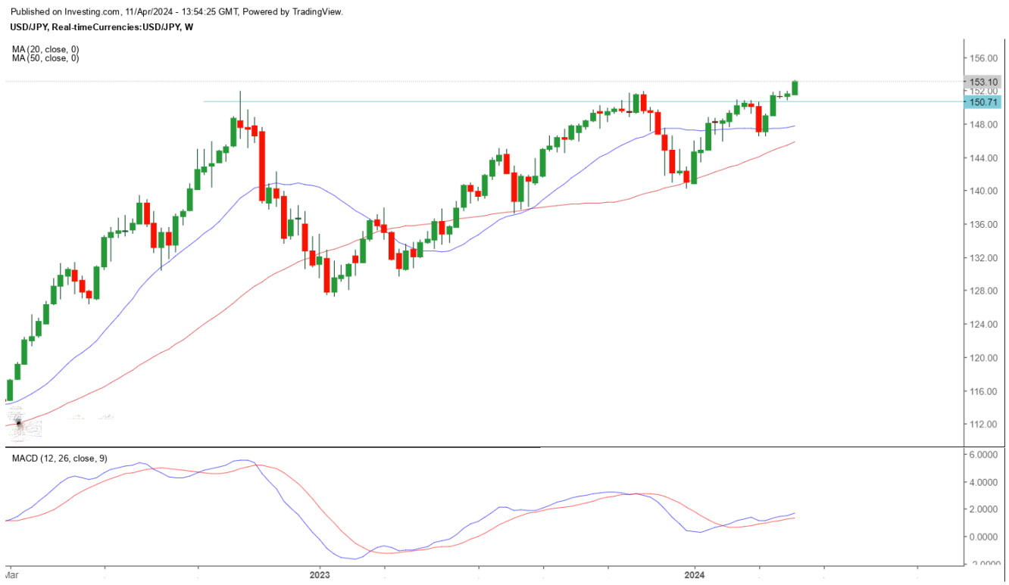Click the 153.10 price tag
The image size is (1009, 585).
click(x=979, y=81)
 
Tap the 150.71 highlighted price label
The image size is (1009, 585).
click(x=979, y=101)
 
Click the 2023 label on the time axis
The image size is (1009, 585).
click(x=320, y=575)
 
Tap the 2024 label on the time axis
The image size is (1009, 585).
click(x=695, y=575)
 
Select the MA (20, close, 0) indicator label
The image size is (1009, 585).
click(x=45, y=49)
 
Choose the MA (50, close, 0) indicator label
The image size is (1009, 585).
click(x=45, y=58)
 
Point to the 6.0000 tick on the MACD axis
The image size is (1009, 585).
click(x=982, y=454)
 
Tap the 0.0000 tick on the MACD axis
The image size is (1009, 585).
click(x=982, y=537)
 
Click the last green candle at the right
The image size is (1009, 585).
click(x=795, y=88)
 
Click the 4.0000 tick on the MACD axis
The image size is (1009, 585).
click(x=982, y=482)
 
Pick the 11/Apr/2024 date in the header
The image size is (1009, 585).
click(x=150, y=12)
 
